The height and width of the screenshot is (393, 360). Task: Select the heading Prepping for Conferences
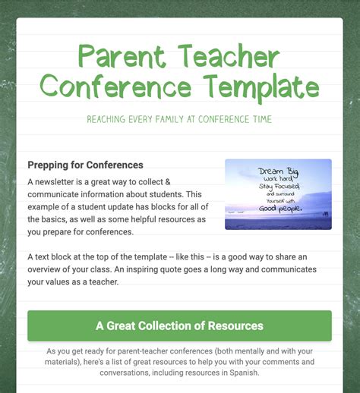point(85,165)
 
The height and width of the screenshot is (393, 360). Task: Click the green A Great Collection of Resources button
point(179,325)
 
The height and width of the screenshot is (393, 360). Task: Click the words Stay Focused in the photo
point(278,187)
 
